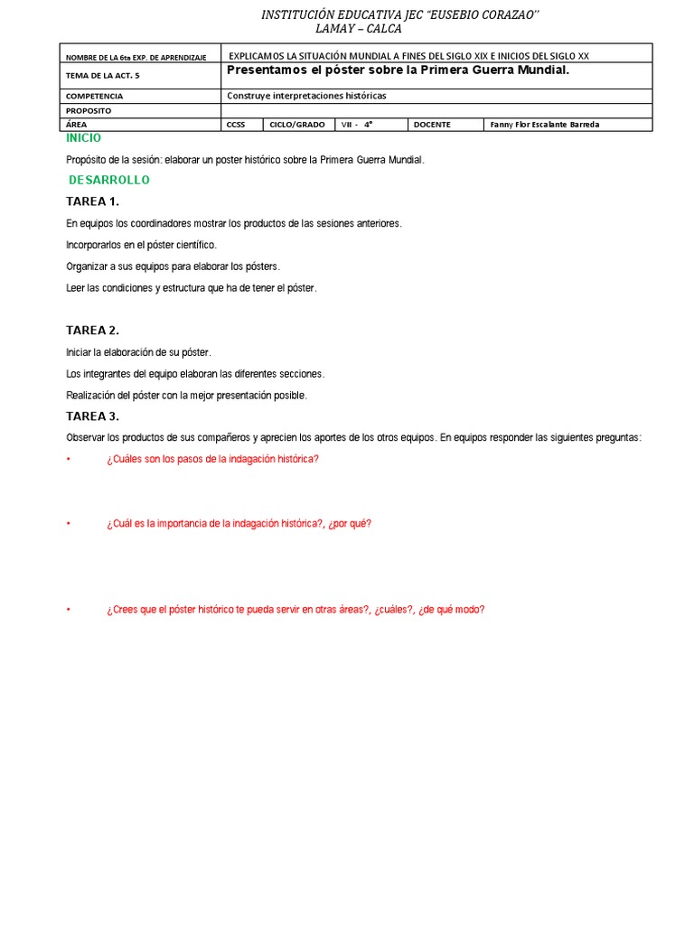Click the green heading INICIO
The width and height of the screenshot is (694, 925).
(83, 138)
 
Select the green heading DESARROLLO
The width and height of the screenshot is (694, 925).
(108, 180)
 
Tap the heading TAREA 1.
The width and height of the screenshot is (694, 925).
(92, 201)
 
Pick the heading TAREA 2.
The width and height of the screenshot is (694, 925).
(92, 331)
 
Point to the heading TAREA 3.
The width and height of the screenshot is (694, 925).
(92, 416)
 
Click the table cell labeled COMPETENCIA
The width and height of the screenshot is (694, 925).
(95, 96)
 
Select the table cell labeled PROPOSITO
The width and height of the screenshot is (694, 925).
(89, 110)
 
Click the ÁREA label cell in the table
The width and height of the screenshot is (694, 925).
(78, 125)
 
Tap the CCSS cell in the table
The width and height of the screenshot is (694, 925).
(236, 125)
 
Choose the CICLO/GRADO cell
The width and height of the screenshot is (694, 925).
(297, 125)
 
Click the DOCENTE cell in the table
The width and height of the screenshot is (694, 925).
(432, 125)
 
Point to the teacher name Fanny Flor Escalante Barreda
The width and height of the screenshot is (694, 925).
(544, 125)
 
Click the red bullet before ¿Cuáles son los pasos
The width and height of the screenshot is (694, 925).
(69, 459)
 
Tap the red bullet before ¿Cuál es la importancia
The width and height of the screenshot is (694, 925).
(69, 524)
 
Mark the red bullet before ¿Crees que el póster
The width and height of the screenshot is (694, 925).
(69, 610)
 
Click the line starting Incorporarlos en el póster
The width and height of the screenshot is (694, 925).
(142, 245)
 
